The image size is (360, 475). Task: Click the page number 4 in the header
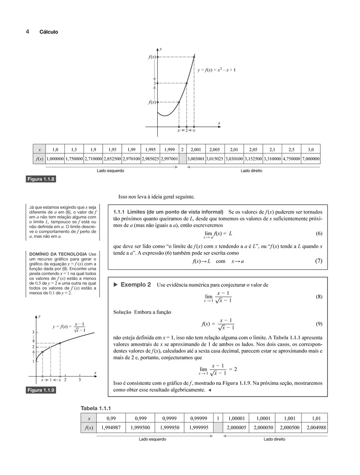(x=27, y=32)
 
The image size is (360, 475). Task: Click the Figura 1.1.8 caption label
(x=41, y=179)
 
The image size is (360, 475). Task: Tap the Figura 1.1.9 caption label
(x=41, y=390)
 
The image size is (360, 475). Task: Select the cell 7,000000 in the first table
(x=311, y=159)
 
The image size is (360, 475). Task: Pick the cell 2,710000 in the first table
(x=93, y=159)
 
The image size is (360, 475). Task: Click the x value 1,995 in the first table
(x=150, y=149)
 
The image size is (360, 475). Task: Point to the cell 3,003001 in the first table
(x=196, y=159)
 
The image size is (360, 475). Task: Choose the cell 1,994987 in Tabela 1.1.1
(x=111, y=427)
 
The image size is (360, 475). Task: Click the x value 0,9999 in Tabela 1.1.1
(x=169, y=418)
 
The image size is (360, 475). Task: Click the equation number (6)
(x=319, y=234)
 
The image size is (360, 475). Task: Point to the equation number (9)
(x=319, y=324)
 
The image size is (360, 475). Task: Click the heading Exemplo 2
(x=136, y=285)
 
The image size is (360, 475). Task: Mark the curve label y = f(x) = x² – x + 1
(x=216, y=70)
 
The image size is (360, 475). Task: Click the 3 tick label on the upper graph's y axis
(x=154, y=83)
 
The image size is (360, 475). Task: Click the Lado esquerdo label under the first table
(x=110, y=171)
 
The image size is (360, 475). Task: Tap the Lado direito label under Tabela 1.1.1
(x=274, y=439)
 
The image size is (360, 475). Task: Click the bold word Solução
(x=122, y=312)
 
